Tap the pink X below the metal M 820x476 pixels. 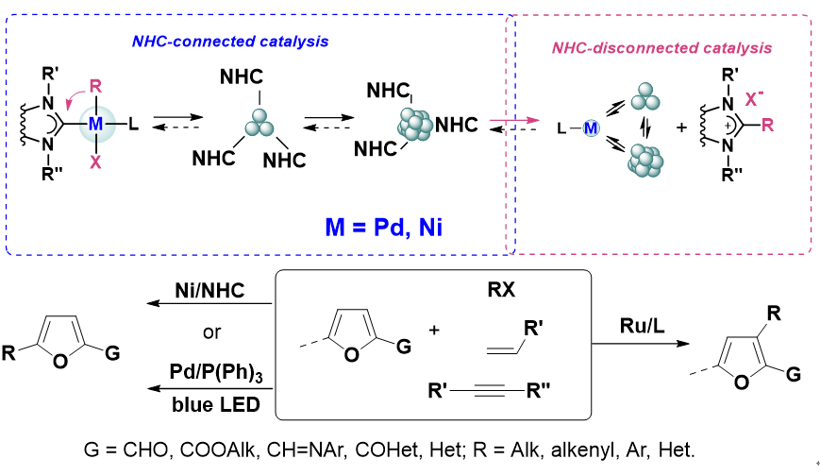click(x=96, y=161)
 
